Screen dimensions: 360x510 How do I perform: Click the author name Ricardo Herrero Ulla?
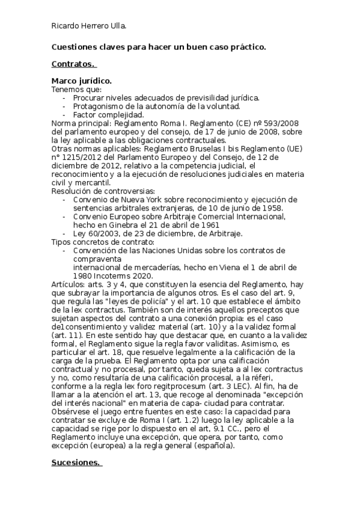(89, 26)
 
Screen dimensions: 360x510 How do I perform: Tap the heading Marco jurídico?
(81, 81)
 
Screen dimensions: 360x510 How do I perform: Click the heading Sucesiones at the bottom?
(76, 462)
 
